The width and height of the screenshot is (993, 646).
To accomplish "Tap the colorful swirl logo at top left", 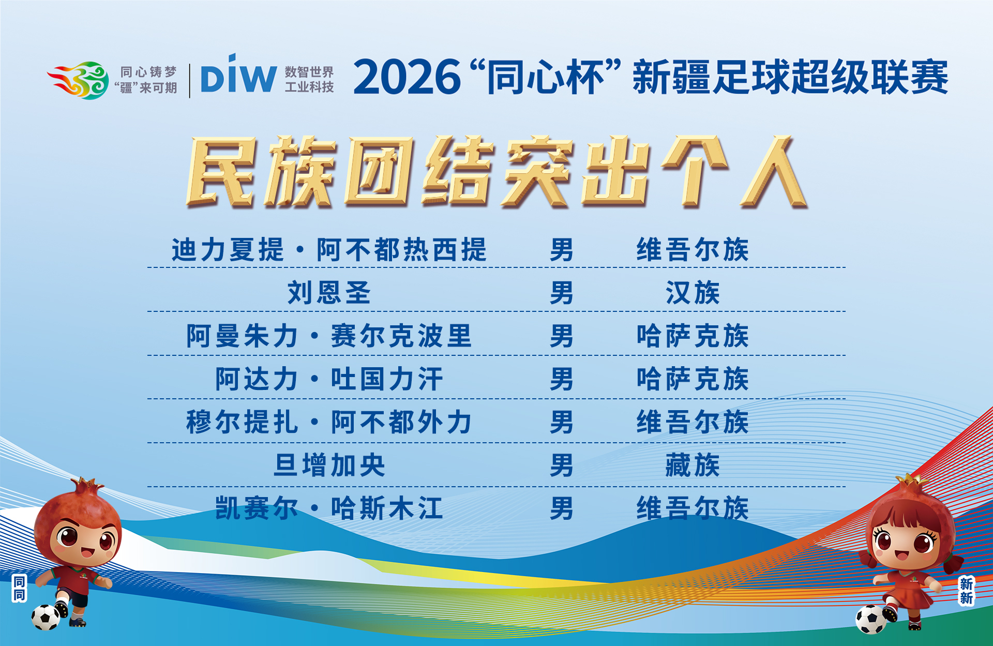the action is click(78, 80).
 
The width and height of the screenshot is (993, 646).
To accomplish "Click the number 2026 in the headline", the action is click(407, 77).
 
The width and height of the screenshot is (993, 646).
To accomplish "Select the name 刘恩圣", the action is click(329, 293).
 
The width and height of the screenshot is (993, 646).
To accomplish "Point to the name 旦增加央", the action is click(329, 465).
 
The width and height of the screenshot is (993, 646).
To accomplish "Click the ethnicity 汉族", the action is click(693, 293).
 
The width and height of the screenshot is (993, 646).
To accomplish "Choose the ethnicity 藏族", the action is click(693, 465).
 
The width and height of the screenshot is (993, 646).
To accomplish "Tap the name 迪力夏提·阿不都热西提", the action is click(329, 250).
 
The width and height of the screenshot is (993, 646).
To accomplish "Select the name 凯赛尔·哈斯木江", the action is click(329, 508).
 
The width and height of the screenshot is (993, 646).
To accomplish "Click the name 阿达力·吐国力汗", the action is click(329, 379).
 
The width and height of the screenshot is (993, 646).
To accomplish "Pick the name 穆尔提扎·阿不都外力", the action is click(329, 422).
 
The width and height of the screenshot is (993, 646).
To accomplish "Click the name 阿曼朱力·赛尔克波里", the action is click(329, 336).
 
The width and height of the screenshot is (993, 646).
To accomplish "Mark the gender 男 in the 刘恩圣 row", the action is click(562, 293).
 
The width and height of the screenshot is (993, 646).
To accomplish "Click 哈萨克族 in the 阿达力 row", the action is click(693, 379).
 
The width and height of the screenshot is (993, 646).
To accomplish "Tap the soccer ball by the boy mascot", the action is click(46, 618).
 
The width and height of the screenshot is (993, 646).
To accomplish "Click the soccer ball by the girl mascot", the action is click(871, 619).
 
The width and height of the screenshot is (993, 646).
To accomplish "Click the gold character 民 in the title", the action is click(221, 172).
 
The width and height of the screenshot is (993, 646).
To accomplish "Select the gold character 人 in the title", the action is click(774, 172).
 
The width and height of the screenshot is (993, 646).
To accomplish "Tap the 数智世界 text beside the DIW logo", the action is click(309, 72).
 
